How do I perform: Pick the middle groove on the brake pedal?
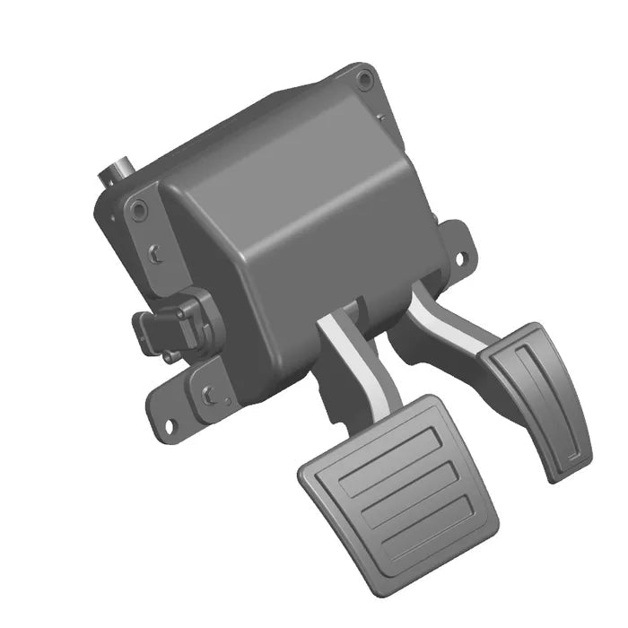[404, 489]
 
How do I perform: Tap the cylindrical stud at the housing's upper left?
[118, 170]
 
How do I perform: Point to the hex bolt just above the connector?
[158, 253]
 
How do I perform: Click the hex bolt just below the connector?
[208, 392]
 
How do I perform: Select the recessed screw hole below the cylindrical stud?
[137, 211]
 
